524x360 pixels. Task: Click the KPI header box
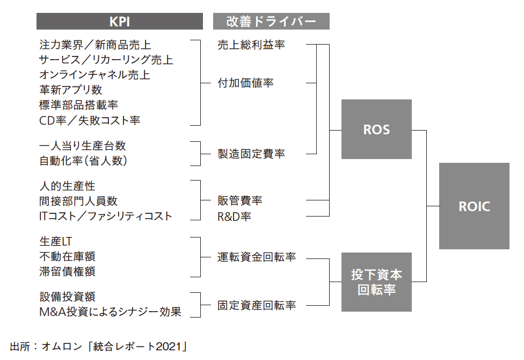119,21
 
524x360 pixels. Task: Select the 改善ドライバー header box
271,21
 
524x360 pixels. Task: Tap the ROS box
376,129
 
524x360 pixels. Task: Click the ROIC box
474,206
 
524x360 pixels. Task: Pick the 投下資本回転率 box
376,282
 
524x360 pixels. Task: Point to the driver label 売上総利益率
251,45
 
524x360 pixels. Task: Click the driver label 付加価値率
245,83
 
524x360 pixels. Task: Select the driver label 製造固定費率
251,154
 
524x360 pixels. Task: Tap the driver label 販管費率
240,201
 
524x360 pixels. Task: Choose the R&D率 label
234,217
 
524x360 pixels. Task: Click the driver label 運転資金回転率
257,257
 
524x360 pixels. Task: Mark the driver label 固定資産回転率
257,305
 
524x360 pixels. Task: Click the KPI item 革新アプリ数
70,90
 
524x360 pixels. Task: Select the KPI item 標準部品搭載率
78,105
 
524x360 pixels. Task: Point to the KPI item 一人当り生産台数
83,146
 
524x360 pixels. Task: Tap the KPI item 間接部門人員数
78,201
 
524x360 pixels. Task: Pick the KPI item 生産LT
55,242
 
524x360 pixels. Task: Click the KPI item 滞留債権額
67,272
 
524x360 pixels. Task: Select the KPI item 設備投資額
67,297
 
